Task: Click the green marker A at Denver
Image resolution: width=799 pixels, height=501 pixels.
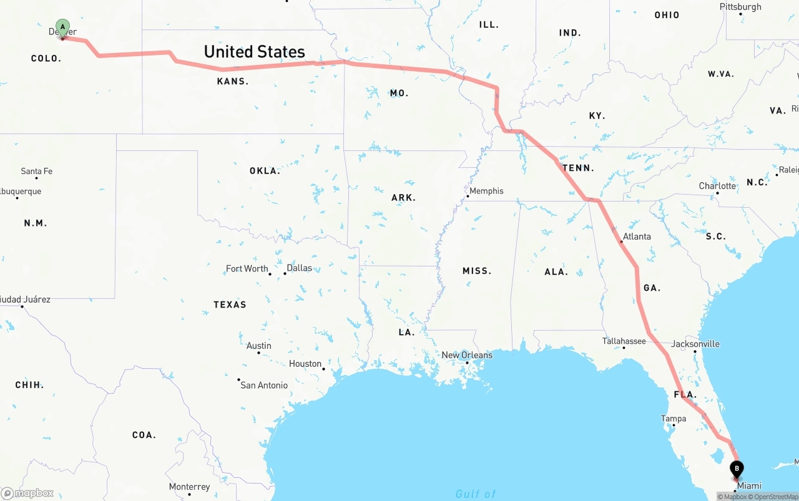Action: coord(62,27)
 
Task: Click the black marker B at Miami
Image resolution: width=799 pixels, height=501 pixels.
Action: coord(737,469)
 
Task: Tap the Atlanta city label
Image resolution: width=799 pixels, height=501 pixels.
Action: coord(637,236)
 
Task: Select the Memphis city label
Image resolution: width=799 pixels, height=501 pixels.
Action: coord(486,191)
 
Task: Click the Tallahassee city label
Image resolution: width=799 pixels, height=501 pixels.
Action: coord(624,341)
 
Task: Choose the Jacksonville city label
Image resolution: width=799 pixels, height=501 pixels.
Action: coord(695,344)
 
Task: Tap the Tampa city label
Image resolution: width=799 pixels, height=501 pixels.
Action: coord(674,419)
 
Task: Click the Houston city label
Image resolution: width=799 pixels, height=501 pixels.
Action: coord(305,364)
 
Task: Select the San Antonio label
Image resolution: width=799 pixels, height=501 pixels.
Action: coord(264,385)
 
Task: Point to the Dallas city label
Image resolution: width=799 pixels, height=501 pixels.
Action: coord(299,268)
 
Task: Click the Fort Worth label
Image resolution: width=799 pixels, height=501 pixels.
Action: coord(247,268)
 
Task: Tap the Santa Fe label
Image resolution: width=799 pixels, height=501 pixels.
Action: coord(36,171)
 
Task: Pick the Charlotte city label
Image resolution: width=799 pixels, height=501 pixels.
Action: coord(717,186)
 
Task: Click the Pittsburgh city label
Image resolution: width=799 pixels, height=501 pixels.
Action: coord(740,7)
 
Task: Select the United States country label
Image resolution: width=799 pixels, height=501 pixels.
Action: coord(254,51)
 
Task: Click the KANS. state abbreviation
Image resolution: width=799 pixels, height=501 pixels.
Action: coord(233,81)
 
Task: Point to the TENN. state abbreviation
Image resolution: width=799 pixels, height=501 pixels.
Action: coord(578,168)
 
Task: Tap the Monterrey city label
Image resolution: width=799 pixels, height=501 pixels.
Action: coord(189,487)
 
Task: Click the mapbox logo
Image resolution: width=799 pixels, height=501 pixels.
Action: coord(27,494)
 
